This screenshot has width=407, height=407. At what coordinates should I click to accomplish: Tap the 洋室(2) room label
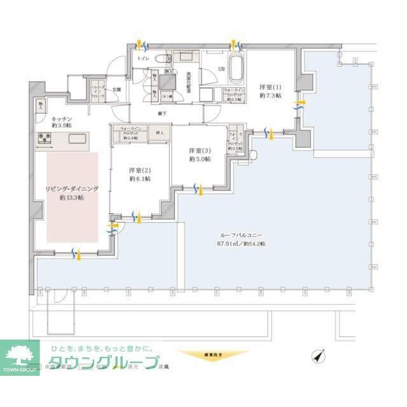(x=139, y=170)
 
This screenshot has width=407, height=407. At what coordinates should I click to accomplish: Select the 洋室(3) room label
(x=199, y=151)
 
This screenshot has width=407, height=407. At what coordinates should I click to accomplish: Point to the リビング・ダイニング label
(x=71, y=190)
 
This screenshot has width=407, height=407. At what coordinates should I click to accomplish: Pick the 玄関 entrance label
(x=116, y=89)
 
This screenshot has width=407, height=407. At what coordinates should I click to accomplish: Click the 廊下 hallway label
(x=163, y=113)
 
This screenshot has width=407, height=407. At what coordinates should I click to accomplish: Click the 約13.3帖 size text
(x=71, y=198)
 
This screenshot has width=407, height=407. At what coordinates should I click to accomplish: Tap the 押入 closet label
(x=160, y=134)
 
